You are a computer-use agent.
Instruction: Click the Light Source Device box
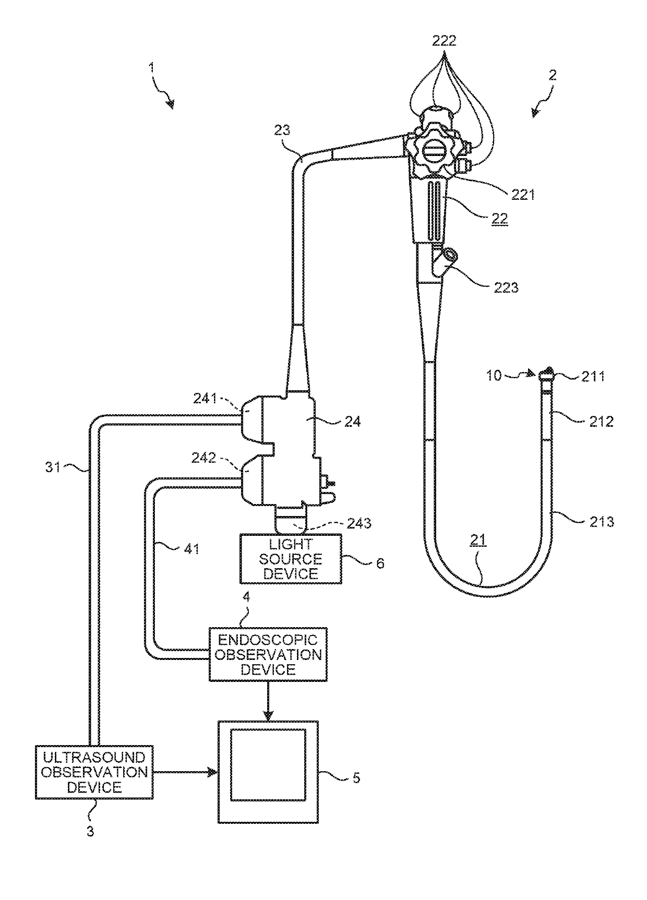291,559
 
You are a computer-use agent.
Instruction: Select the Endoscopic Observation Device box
268,654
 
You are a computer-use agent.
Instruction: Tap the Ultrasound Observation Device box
94,772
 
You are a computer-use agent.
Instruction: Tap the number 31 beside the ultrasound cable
54,467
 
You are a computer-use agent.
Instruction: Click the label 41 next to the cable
191,549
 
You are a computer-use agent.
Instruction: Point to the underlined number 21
478,541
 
